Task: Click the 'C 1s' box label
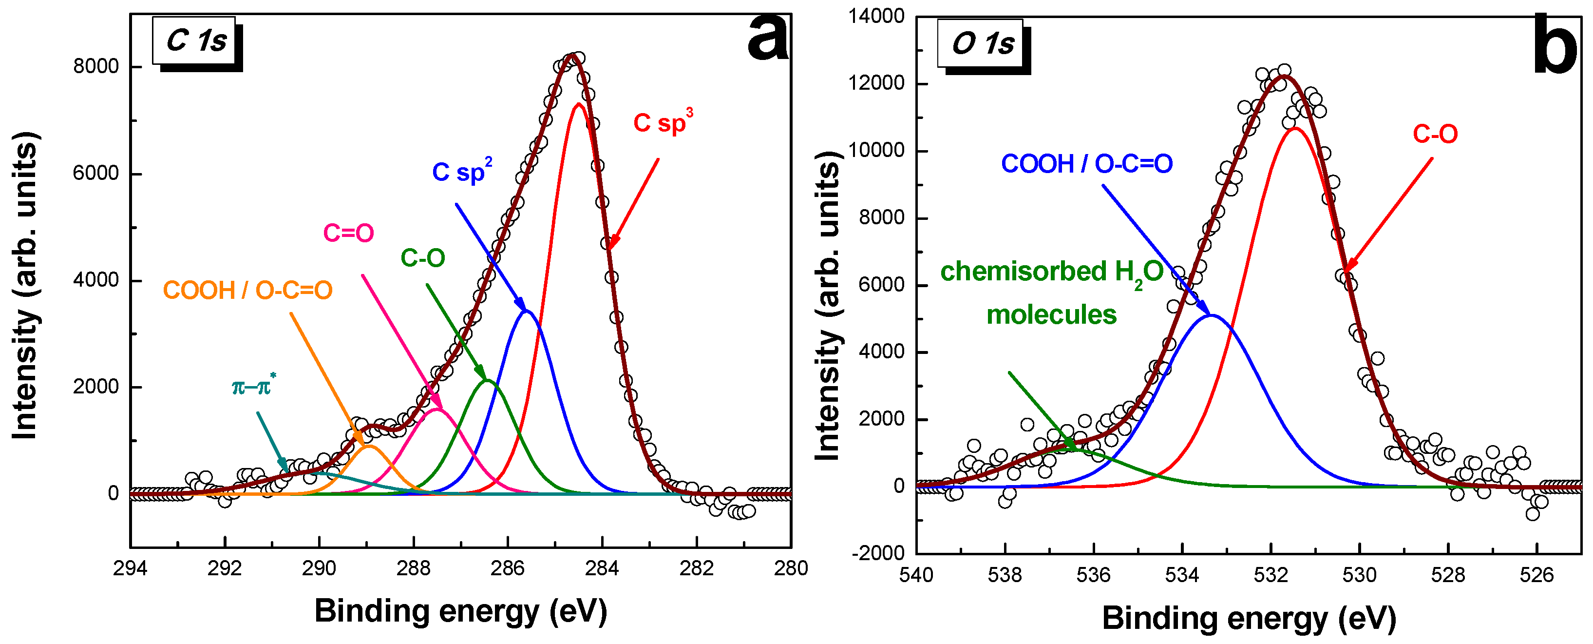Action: (195, 41)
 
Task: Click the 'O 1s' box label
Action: (982, 43)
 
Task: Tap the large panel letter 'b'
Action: (1554, 43)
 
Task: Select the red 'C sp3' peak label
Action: (661, 122)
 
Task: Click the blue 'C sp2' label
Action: (461, 172)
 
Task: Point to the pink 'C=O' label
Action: (348, 233)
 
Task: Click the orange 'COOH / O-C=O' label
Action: (247, 290)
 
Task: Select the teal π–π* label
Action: (253, 387)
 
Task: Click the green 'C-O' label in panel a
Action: (422, 258)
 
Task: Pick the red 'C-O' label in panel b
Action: (1435, 134)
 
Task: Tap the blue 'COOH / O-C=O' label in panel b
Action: (1086, 164)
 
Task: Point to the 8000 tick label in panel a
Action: (96, 66)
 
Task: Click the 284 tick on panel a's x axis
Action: (602, 568)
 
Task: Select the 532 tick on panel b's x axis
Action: (1271, 575)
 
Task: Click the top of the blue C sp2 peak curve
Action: (526, 311)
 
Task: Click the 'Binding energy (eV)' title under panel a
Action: (461, 611)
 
